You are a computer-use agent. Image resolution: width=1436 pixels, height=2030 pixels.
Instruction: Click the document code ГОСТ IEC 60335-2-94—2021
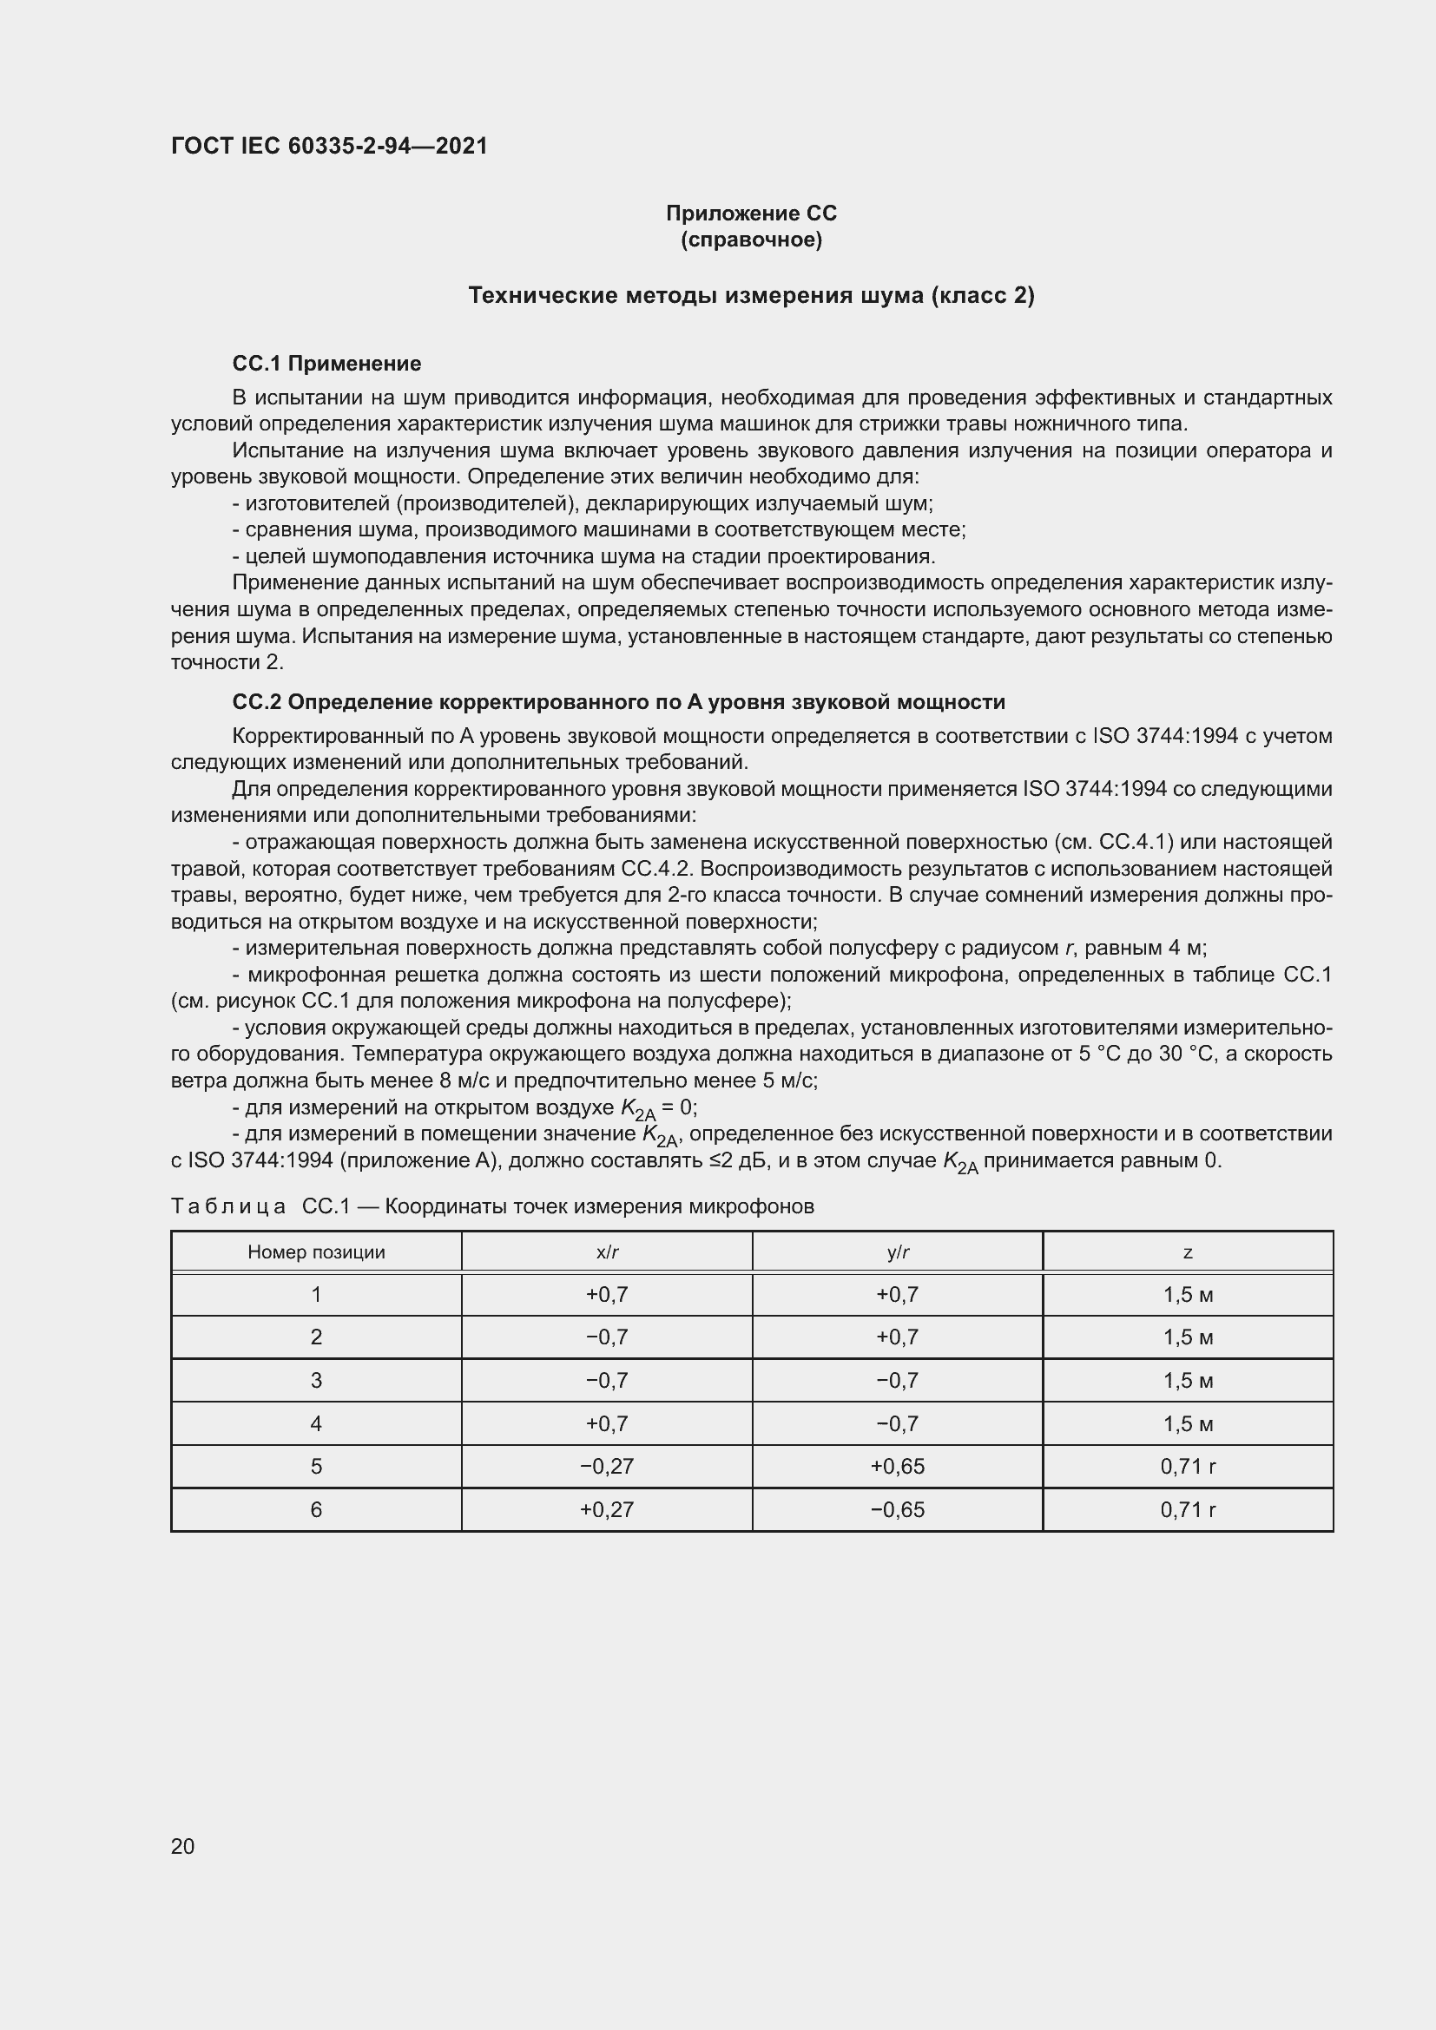pyautogui.click(x=329, y=146)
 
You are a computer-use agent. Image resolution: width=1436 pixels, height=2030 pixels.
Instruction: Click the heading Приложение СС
pyautogui.click(x=751, y=214)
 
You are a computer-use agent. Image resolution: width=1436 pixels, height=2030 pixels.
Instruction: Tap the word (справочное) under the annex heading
pyautogui.click(x=751, y=240)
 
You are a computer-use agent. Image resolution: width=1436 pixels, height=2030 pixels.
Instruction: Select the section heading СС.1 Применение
pyautogui.click(x=326, y=364)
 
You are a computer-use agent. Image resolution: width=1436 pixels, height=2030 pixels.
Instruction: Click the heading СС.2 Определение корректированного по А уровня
pyautogui.click(x=618, y=702)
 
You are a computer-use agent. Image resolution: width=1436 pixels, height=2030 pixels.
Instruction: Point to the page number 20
pyautogui.click(x=183, y=1846)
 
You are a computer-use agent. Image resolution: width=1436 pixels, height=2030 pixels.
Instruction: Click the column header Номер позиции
pyautogui.click(x=316, y=1252)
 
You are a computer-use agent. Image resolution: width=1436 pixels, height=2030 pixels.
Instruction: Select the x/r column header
pyautogui.click(x=607, y=1252)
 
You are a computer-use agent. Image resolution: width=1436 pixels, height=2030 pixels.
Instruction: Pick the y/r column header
pyautogui.click(x=898, y=1252)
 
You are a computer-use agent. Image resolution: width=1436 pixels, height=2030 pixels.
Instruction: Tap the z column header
pyautogui.click(x=1188, y=1252)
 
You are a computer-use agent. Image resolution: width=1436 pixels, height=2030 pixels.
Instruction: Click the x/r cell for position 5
pyautogui.click(x=607, y=1467)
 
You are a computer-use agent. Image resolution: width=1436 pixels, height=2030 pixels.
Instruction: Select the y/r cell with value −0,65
pyautogui.click(x=898, y=1509)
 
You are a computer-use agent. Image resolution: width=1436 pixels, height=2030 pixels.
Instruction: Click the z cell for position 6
pyautogui.click(x=1188, y=1509)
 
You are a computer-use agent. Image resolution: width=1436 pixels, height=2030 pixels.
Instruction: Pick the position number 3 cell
pyautogui.click(x=316, y=1380)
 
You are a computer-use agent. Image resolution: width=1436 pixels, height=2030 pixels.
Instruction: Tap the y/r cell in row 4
pyautogui.click(x=898, y=1423)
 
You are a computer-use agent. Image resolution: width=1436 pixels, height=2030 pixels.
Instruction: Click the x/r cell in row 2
pyautogui.click(x=607, y=1337)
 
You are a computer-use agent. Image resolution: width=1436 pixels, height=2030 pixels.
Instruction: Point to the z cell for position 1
pyautogui.click(x=1188, y=1294)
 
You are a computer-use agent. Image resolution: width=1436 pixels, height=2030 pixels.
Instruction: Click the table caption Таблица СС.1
pyautogui.click(x=491, y=1207)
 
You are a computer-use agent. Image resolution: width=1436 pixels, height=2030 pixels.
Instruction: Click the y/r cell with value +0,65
pyautogui.click(x=898, y=1467)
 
